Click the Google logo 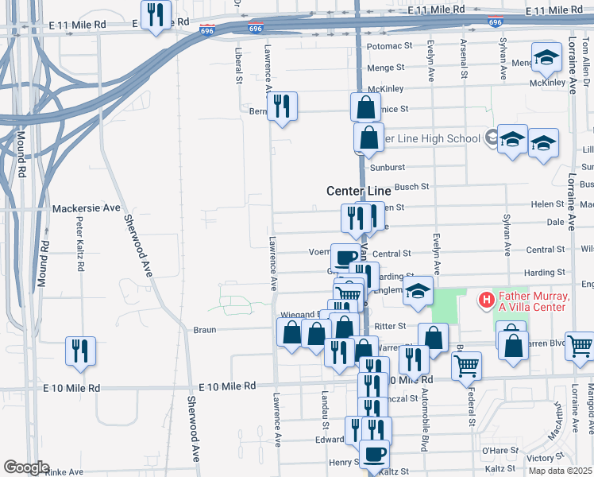pyautogui.click(x=26, y=467)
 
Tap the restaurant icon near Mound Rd pyautogui.click(x=80, y=351)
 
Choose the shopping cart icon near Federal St pyautogui.click(x=466, y=365)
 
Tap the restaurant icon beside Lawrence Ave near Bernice pyautogui.click(x=282, y=106)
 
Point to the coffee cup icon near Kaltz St pyautogui.click(x=374, y=455)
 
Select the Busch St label pyautogui.click(x=411, y=187)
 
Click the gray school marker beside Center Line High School pyautogui.click(x=492, y=138)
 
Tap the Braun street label pyautogui.click(x=205, y=329)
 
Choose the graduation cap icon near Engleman pyautogui.click(x=418, y=291)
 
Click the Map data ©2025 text pyautogui.click(x=561, y=471)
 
